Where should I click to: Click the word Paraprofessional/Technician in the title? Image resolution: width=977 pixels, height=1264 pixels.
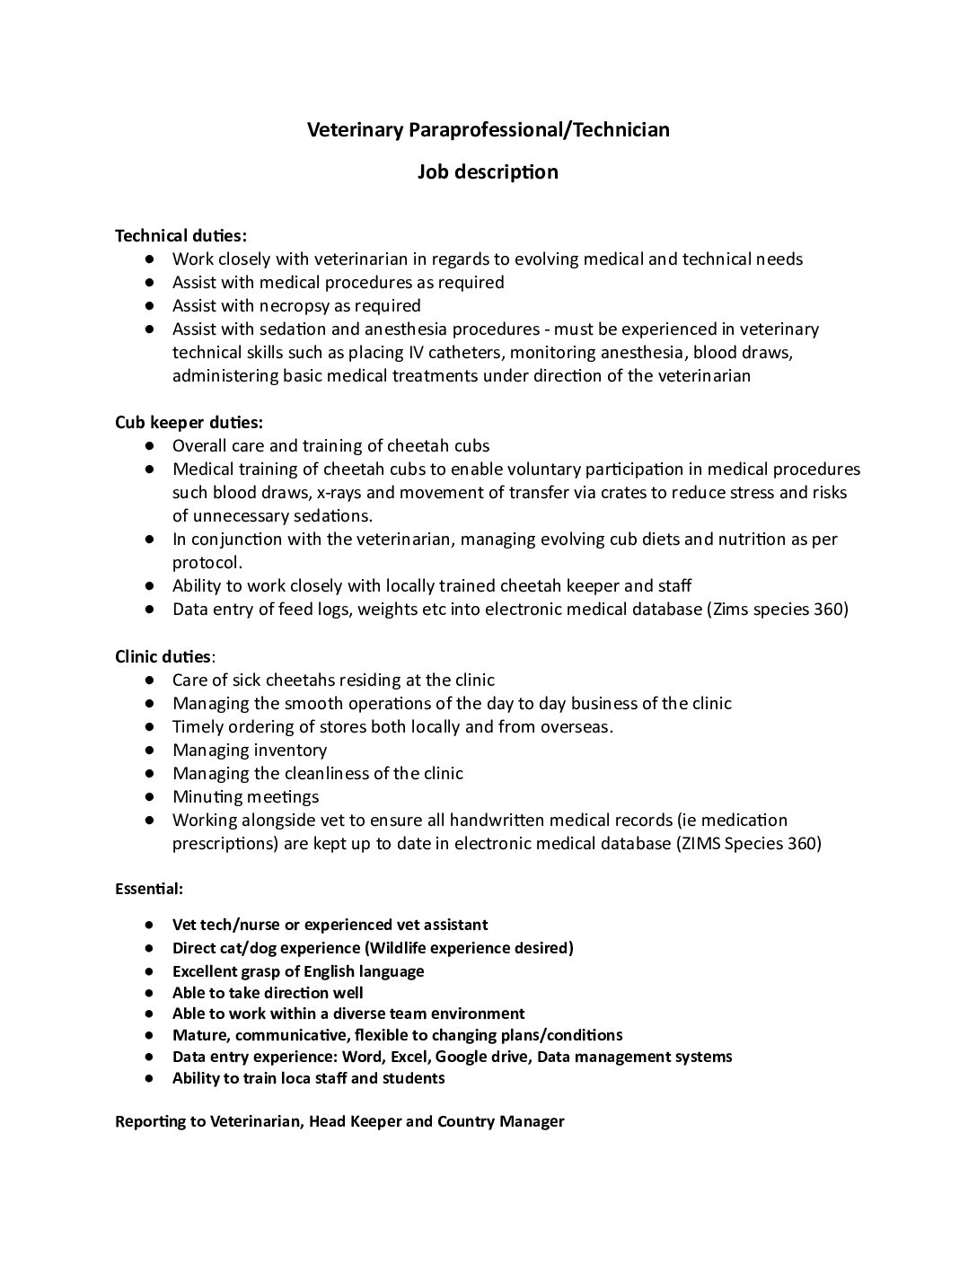click(x=539, y=130)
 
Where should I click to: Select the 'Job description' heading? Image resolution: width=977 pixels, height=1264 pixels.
click(x=488, y=171)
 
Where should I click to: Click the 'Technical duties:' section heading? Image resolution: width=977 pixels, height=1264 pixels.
click(x=180, y=236)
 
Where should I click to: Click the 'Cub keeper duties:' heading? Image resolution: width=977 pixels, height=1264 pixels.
click(x=189, y=423)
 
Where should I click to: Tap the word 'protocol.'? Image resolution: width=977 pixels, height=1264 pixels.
click(x=207, y=563)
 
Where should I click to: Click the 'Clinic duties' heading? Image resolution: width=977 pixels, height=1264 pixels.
click(x=163, y=656)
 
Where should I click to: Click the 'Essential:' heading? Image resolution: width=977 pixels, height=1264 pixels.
click(x=149, y=889)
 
